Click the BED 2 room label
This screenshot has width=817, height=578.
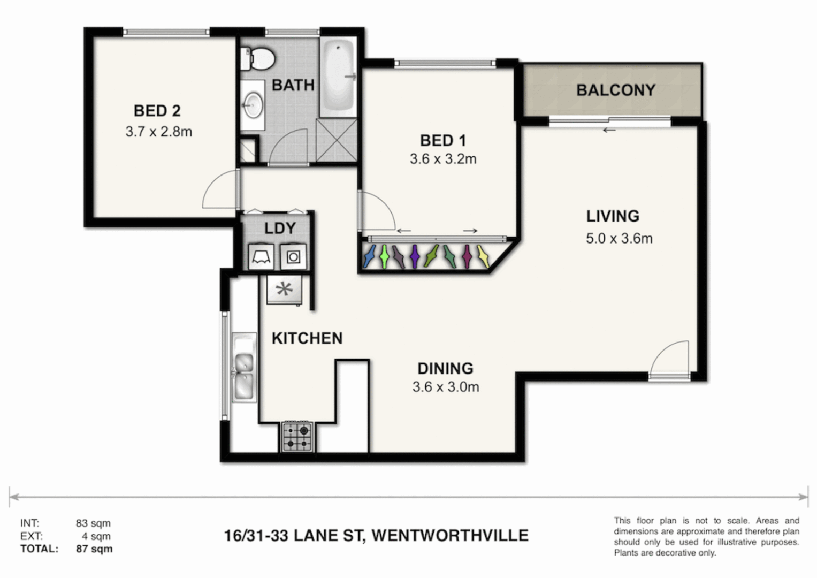(157, 111)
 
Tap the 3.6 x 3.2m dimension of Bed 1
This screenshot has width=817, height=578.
(443, 159)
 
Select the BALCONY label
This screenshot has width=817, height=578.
(615, 90)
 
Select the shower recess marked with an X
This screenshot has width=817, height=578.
(337, 140)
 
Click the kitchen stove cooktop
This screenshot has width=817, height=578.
(297, 437)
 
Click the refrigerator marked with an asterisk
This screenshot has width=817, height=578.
(284, 290)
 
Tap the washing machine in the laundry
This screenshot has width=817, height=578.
(293, 257)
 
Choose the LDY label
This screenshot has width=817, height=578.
(280, 229)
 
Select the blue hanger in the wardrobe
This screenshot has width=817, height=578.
(368, 256)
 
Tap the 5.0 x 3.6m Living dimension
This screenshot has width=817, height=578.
(619, 238)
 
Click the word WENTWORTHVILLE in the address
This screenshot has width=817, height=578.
(449, 535)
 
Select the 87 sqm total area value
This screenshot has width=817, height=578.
(94, 549)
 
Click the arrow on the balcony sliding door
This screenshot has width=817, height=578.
(609, 130)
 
